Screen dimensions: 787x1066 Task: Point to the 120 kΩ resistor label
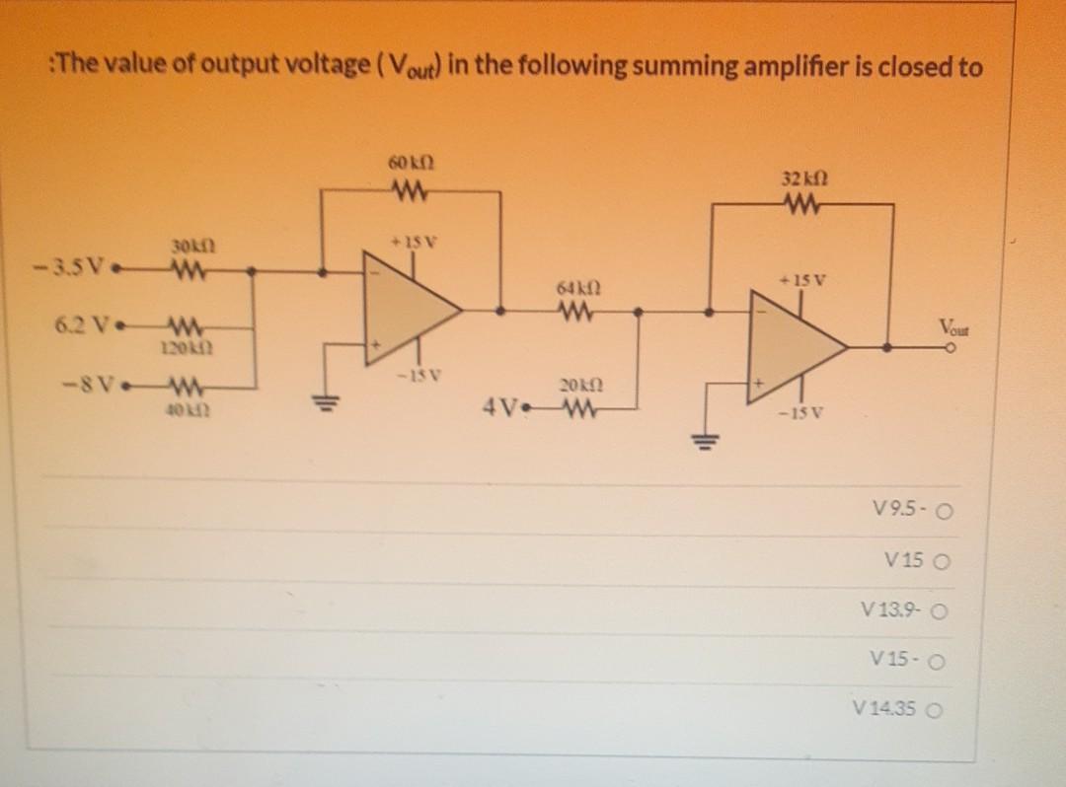point(184,347)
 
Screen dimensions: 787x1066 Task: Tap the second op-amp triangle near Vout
point(795,347)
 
